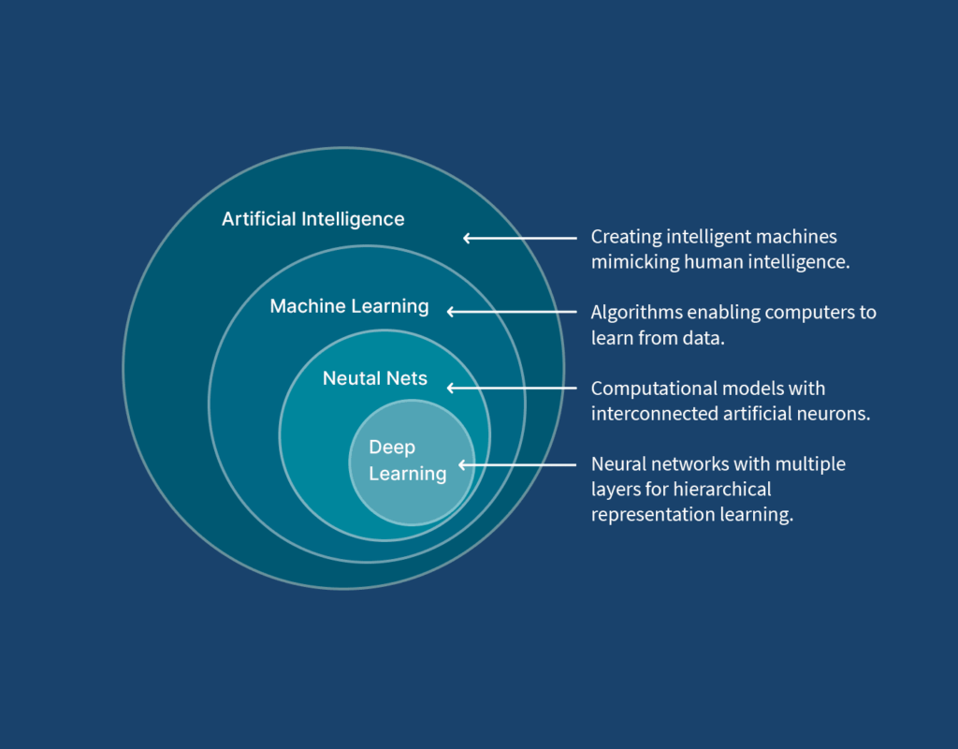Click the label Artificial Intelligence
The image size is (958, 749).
pyautogui.click(x=312, y=219)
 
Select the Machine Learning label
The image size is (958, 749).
pyautogui.click(x=349, y=306)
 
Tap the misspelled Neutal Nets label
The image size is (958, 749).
pyautogui.click(x=374, y=378)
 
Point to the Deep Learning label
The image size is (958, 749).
pyautogui.click(x=407, y=461)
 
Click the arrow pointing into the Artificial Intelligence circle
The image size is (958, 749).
pyautogui.click(x=519, y=238)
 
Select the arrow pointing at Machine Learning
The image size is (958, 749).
pyautogui.click(x=511, y=312)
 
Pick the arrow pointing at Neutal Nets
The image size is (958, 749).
pyautogui.click(x=511, y=388)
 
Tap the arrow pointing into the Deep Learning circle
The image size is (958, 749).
pyautogui.click(x=516, y=463)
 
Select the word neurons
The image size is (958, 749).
pyautogui.click(x=837, y=413)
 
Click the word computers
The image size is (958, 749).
pyautogui.click(x=809, y=313)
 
